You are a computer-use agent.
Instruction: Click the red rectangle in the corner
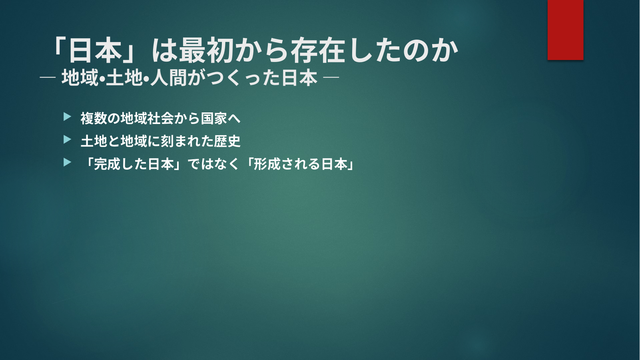click(x=565, y=30)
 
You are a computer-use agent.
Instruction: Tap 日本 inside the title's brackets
click(x=96, y=50)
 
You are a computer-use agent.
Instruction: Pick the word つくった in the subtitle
click(x=234, y=78)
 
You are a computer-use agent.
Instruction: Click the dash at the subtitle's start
click(x=48, y=78)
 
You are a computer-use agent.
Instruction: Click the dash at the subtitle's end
click(x=331, y=77)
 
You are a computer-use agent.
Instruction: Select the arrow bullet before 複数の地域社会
click(x=67, y=117)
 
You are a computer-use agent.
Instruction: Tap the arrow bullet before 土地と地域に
click(x=67, y=140)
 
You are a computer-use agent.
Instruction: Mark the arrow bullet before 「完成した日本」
click(x=67, y=162)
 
